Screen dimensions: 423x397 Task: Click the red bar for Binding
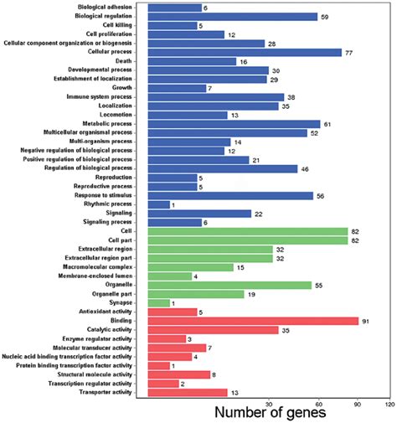tap(253, 320)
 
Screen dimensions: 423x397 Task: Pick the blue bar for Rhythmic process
tap(159, 204)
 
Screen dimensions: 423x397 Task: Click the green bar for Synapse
tap(159, 303)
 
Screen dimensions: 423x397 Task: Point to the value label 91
tap(366, 321)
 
